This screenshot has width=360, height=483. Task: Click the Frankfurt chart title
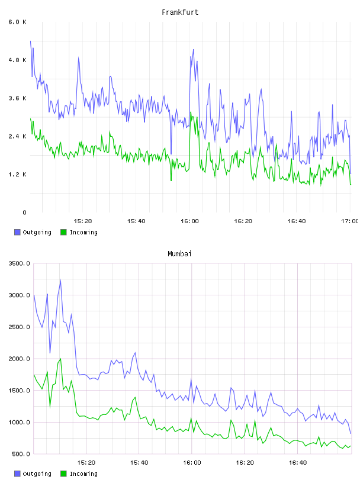(x=180, y=12)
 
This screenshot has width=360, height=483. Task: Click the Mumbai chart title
(x=179, y=254)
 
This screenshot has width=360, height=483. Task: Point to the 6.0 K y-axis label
(x=18, y=22)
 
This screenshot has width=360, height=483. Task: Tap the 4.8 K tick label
(x=18, y=60)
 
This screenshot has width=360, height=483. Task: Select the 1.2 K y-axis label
(x=18, y=175)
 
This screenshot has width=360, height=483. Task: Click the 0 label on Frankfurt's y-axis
(x=24, y=212)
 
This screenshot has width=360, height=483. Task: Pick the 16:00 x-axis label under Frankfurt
(x=189, y=221)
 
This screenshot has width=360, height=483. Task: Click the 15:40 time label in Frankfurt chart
(x=136, y=221)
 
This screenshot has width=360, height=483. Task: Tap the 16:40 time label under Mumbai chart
(x=298, y=463)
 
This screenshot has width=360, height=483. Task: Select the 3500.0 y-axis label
(x=20, y=263)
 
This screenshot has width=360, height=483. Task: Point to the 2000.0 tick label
(x=20, y=359)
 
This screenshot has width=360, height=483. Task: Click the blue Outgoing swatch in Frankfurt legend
(x=17, y=232)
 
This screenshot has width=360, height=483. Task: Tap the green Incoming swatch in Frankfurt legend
(x=63, y=232)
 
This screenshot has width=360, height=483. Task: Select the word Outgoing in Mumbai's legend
(x=37, y=474)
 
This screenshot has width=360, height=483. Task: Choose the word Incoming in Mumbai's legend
(x=83, y=474)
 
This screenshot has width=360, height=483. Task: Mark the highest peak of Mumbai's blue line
(x=61, y=280)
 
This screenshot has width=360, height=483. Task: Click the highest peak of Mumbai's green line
(x=61, y=359)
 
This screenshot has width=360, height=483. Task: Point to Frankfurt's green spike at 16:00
(x=191, y=112)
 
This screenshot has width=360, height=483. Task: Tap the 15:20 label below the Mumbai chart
(x=86, y=463)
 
